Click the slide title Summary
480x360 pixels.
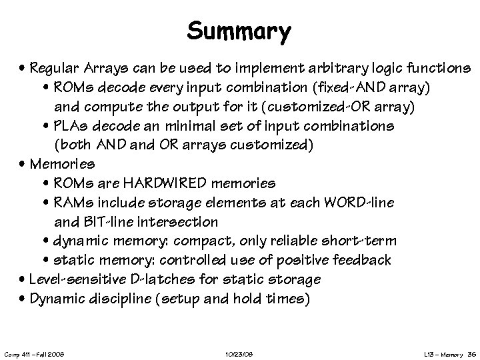coord(239,31)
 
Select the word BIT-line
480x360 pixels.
coord(105,221)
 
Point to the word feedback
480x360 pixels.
coord(379,260)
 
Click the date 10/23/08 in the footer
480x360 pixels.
coord(239,351)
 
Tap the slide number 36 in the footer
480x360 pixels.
coord(471,351)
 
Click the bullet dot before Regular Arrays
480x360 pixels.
coord(23,69)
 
